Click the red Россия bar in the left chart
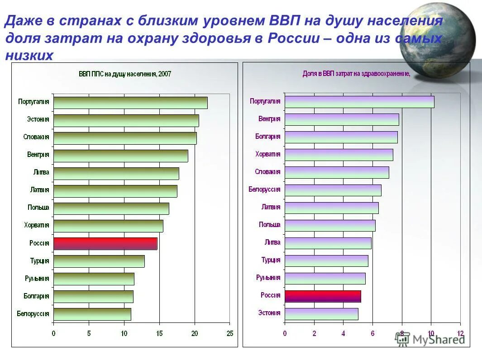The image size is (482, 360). tap(105, 243)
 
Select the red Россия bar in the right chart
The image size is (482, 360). tap(322, 296)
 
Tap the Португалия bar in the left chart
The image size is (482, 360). tap(130, 103)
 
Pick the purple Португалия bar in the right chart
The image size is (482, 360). tap(359, 102)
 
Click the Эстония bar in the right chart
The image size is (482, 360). tap(321, 313)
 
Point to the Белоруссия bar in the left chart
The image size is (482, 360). tap(92, 314)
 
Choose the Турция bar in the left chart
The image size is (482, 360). tap(99, 261)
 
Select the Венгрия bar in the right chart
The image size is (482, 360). tap(341, 119)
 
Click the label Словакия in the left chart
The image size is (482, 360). tap(36, 137)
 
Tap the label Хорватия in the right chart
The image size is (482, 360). tap(267, 154)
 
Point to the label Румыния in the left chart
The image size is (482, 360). tap(37, 279)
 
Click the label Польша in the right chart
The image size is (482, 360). tap(269, 225)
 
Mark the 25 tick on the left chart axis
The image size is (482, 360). tap(230, 334)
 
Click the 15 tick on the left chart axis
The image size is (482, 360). tap(159, 334)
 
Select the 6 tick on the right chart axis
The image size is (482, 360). tap(372, 334)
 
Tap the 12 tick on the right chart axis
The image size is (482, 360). tap(460, 334)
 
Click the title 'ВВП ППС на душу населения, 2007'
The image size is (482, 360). tap(125, 74)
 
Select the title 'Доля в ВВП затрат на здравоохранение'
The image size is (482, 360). tap(356, 74)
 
